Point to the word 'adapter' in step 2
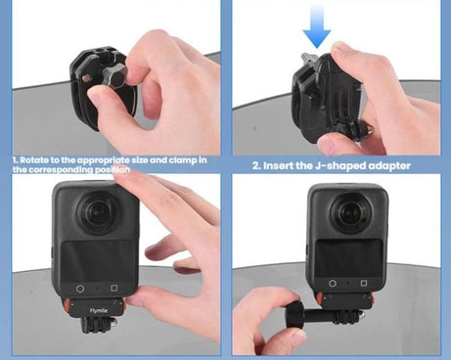(388, 165)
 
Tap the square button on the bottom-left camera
(114, 289)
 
